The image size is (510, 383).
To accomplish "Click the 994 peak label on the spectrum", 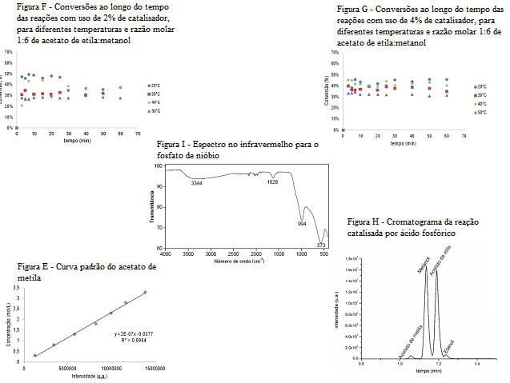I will (x=302, y=224).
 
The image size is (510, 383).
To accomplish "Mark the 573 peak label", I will (x=320, y=245).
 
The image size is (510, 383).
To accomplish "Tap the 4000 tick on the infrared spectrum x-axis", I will (x=167, y=255).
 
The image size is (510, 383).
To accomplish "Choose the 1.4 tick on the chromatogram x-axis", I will (x=477, y=364).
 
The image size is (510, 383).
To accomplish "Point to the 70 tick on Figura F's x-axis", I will (x=137, y=133).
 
